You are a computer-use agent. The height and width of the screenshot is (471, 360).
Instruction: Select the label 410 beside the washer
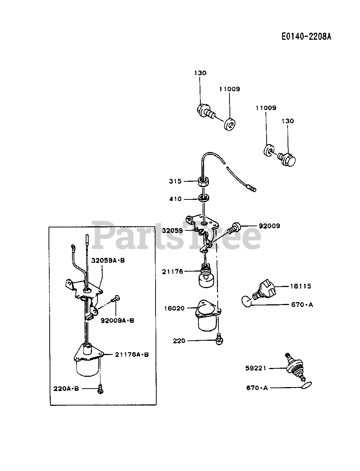click(175, 199)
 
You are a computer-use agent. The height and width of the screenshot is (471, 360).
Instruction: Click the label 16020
click(174, 308)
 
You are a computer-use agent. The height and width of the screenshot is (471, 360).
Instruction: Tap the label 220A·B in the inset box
click(66, 388)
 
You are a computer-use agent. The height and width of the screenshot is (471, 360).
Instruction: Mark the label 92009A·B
click(118, 320)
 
